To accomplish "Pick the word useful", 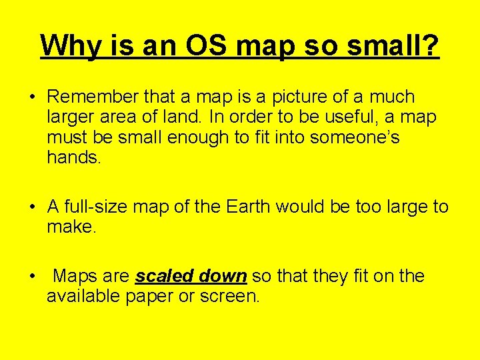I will tap(354, 117).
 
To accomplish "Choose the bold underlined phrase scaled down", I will tap(191, 277).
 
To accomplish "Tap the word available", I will tap(83, 297).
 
